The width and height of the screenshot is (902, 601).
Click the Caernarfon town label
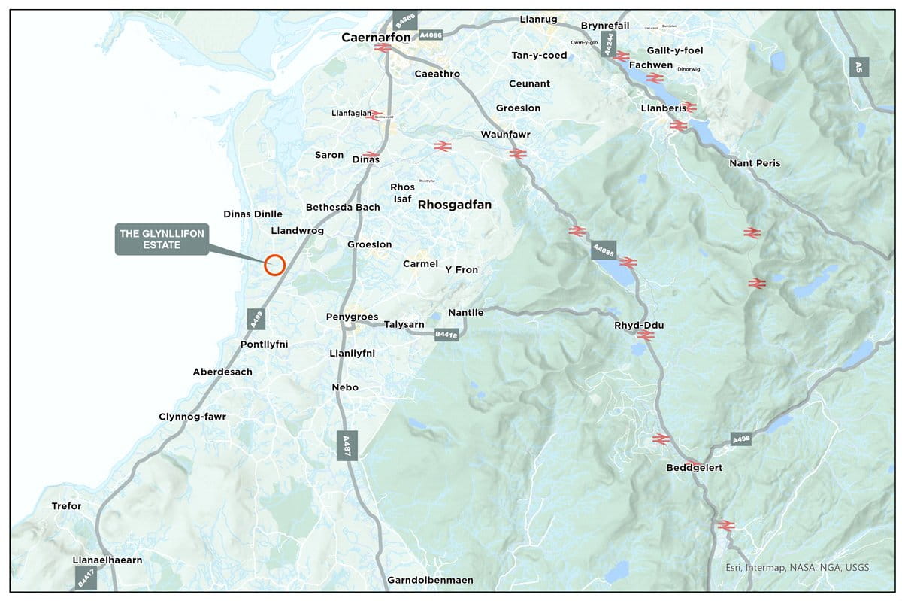pos(376,36)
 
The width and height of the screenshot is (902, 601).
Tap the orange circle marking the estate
pos(275,264)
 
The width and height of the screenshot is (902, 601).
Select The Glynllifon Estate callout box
pos(162,239)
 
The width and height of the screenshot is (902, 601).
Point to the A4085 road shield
pos(604,250)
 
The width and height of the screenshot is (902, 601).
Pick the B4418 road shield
pos(446,335)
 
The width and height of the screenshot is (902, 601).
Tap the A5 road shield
pos(858,67)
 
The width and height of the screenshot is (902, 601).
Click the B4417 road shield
pos(86,578)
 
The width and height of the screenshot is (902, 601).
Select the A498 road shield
pos(741,439)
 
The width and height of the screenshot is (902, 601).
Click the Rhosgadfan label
pos(455,205)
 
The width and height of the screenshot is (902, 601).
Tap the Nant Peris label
pos(755,163)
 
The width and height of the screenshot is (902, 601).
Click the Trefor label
pos(66,506)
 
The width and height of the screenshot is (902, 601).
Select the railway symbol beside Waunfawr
pos(517,153)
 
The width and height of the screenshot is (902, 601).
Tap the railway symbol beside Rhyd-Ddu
pos(646,335)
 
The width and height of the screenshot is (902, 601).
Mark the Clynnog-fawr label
pos(192,417)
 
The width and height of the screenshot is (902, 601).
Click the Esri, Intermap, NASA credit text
pos(797,568)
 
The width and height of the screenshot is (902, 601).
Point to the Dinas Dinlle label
pos(253,214)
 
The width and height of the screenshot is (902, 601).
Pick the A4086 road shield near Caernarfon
pos(431,35)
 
